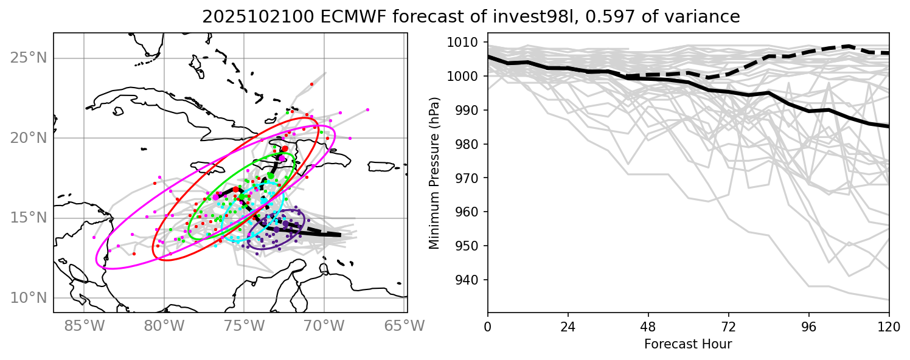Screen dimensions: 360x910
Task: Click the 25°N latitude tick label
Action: [x=28, y=58]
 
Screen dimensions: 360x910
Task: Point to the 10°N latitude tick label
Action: [x=28, y=298]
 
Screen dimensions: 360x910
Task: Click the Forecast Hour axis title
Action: [x=688, y=344]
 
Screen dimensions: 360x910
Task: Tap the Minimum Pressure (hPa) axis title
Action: [x=434, y=173]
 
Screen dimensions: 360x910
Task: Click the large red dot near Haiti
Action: [x=285, y=148]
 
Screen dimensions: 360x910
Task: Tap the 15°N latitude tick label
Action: [x=28, y=218]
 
